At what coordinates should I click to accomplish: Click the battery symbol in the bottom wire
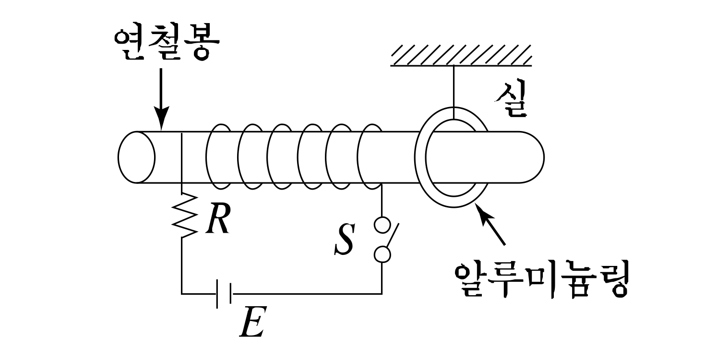pos(225,293)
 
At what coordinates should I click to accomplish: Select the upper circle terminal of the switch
pos(382,225)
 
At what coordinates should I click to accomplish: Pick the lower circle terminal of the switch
pos(382,254)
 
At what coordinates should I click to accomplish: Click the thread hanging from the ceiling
pos(453,86)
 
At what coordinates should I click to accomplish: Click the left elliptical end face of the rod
pos(136,157)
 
